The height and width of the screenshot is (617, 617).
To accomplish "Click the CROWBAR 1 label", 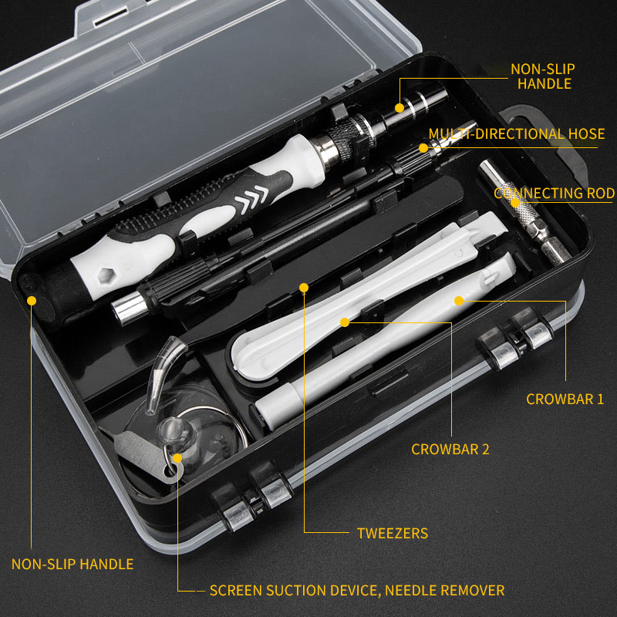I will (565, 400).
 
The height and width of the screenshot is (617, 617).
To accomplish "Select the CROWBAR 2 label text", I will (450, 449).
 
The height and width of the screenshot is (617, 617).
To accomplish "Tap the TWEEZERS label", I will (392, 533).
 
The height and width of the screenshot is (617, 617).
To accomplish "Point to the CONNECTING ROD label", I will (555, 194).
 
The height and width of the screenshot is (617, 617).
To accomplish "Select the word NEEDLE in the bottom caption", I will (414, 591).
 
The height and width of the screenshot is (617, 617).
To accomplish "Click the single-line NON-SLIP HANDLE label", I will (72, 564).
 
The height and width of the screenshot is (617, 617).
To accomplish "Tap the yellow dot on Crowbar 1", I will (458, 299).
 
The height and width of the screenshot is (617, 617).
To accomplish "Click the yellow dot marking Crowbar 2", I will (345, 321).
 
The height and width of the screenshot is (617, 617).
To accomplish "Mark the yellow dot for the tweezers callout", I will (304, 288).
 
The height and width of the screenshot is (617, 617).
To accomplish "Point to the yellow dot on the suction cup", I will (177, 458).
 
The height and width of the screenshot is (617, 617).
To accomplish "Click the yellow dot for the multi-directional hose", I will (423, 147).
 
